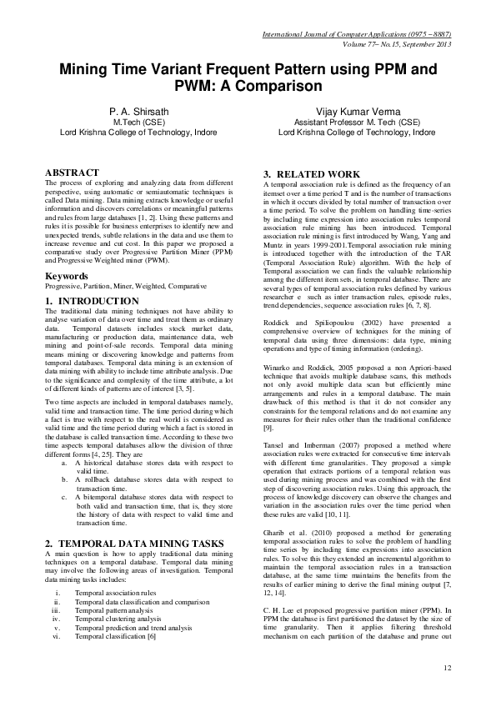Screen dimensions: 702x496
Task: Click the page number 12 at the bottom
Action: pyautogui.click(x=447, y=667)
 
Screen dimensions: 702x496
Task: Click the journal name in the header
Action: pyautogui.click(x=356, y=34)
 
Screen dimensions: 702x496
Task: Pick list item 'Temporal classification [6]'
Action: pyautogui.click(x=115, y=637)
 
